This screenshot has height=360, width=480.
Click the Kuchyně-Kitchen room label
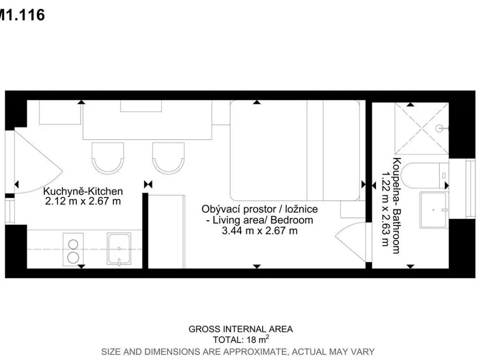click(83, 192)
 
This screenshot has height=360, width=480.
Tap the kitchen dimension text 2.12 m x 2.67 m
click(83, 202)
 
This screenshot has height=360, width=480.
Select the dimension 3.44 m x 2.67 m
click(260, 230)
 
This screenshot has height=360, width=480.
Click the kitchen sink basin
click(119, 249)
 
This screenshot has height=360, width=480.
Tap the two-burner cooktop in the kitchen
click(73, 249)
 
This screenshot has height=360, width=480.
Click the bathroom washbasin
click(434, 210)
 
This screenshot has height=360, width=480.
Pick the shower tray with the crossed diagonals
click(422, 129)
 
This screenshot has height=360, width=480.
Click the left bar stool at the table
click(108, 158)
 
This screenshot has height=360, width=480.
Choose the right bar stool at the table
click(168, 158)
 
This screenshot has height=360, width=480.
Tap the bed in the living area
click(295, 151)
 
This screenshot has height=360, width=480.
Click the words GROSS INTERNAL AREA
click(240, 329)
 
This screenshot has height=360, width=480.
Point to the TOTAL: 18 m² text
click(241, 339)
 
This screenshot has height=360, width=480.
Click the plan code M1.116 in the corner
click(22, 15)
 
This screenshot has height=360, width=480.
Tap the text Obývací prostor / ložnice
click(260, 209)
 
